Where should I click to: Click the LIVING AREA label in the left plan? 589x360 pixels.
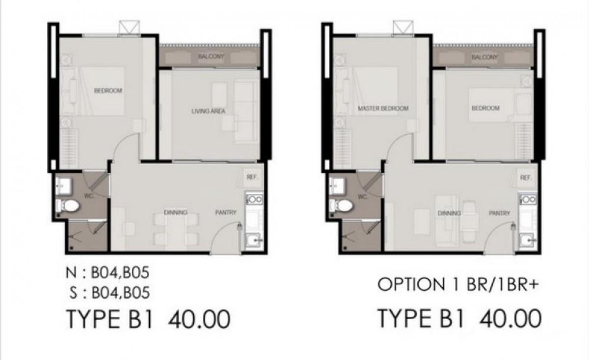[208, 111]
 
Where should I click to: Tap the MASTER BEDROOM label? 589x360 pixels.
[383, 108]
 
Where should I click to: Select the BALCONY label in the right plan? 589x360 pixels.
[484, 57]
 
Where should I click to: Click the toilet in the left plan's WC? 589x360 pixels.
[67, 205]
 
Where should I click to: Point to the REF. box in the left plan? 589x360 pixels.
[252, 177]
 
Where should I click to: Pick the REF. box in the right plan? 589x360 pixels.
[526, 178]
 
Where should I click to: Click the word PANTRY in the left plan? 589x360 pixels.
[226, 212]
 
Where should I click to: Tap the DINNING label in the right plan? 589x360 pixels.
[449, 213]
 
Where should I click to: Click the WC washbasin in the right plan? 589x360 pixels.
[337, 186]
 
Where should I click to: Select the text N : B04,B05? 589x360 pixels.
[107, 273]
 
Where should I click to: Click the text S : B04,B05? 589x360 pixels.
[109, 293]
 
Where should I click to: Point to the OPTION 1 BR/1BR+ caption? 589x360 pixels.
[458, 284]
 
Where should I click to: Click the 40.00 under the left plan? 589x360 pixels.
[199, 319]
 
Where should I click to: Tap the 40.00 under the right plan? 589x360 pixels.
[510, 319]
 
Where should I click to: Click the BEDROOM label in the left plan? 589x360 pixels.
[108, 91]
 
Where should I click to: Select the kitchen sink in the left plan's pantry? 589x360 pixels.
[253, 240]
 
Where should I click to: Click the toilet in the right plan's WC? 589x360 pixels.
[341, 206]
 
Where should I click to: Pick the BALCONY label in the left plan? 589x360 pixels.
[211, 56]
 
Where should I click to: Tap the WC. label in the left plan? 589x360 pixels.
[89, 196]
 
